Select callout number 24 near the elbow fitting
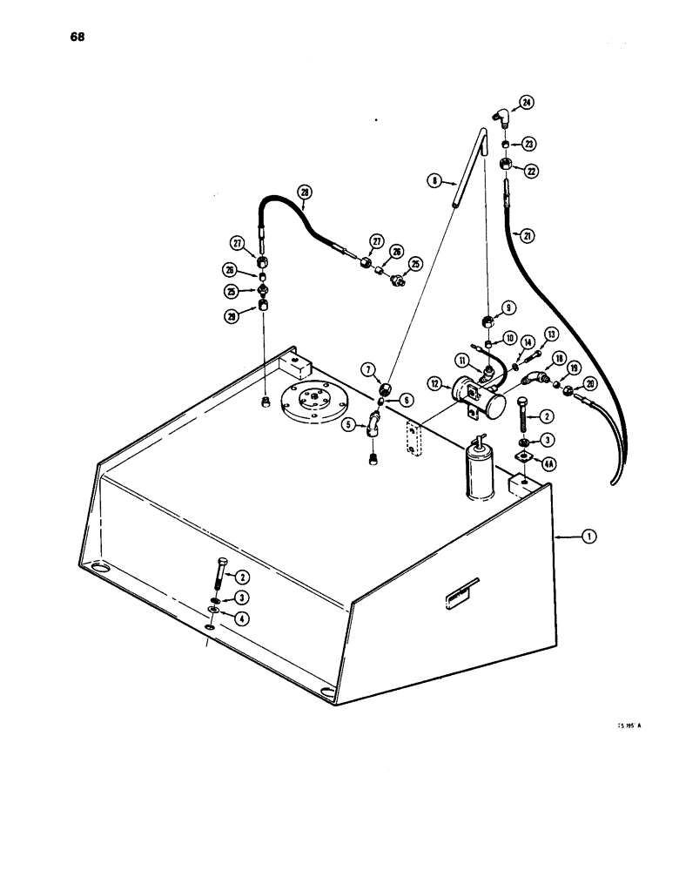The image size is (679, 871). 526,103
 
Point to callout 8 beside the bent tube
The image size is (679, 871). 433,181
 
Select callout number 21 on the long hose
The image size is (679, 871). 522,233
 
